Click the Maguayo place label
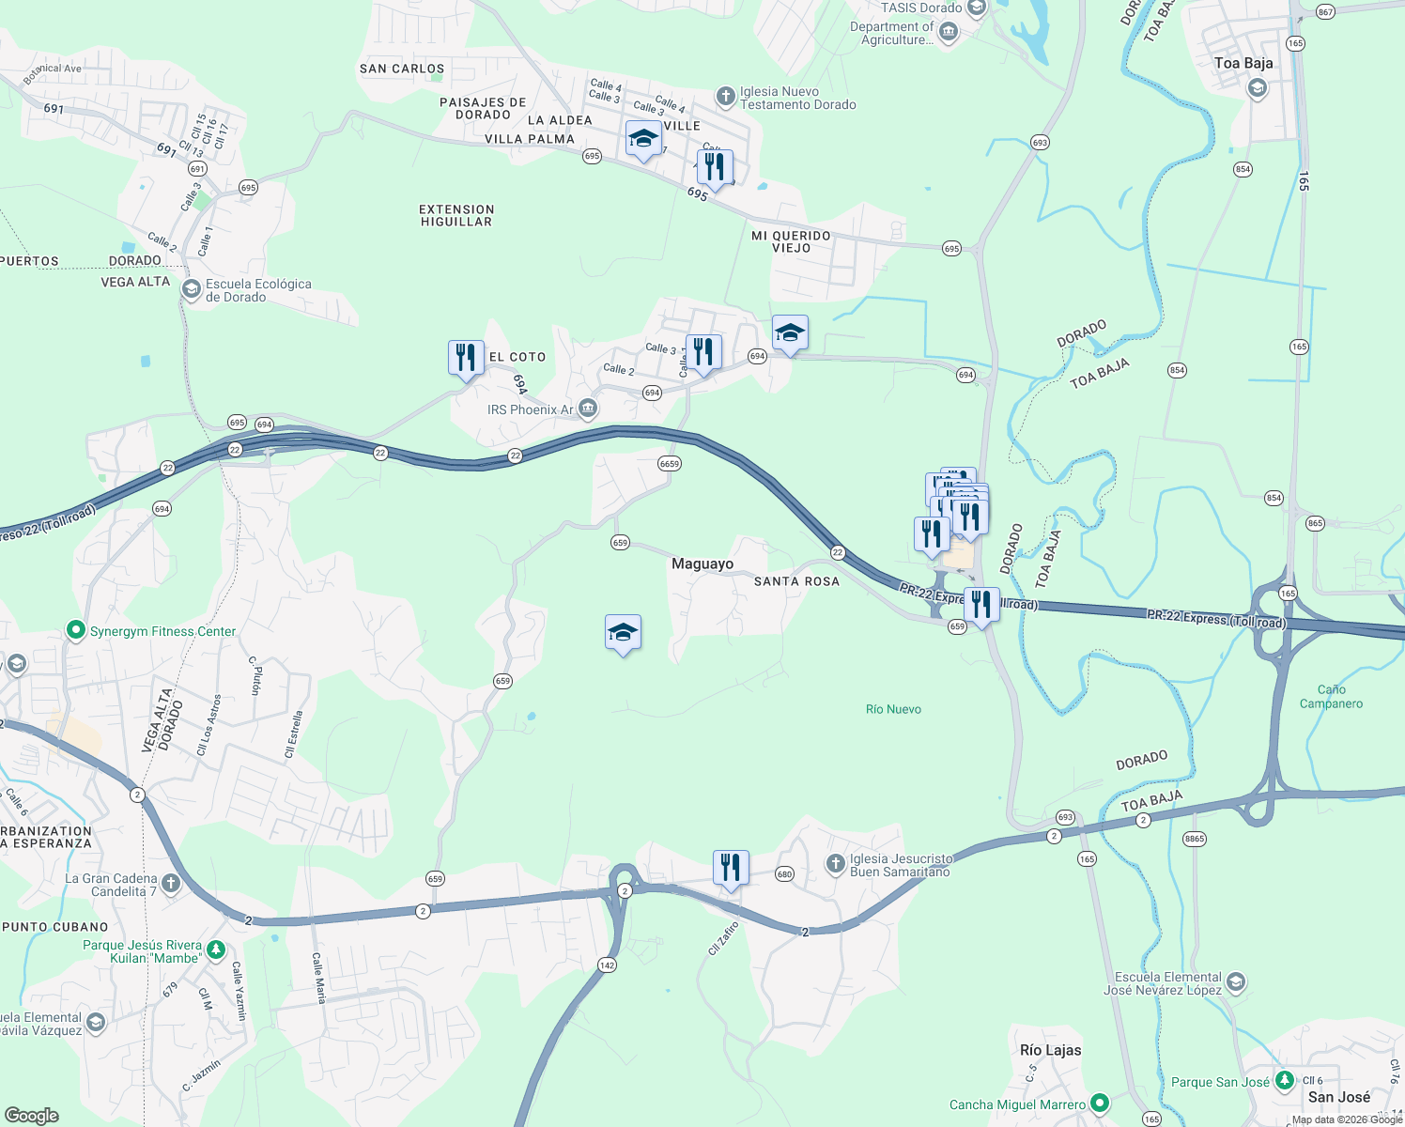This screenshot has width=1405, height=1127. pos(702,563)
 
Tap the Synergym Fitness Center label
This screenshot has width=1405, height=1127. pos(162,631)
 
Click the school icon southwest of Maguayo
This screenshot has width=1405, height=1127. pos(623,634)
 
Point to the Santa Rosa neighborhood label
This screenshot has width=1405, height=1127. pos(796,581)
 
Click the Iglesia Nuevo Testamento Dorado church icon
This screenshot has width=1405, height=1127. pos(725,97)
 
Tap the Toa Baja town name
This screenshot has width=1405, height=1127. pos(1243,63)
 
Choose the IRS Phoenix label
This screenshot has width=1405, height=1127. pos(530,409)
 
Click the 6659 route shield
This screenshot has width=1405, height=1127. pos(670,464)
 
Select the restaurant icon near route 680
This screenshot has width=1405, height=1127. pos(731,868)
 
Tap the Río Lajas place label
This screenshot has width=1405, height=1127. pos(1050,1050)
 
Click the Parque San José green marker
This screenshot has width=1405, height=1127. pos(1284,1081)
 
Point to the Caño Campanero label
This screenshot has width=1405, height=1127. pos(1331,696)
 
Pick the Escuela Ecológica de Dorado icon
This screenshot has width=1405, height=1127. pos(191,289)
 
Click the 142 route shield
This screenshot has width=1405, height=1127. pos(607,965)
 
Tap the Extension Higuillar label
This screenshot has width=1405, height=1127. pos(456,215)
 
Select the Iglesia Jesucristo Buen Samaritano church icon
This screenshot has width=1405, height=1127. pos(836,864)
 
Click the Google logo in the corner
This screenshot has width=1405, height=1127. pos(32,1116)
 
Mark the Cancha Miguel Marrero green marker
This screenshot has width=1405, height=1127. pos(1100,1104)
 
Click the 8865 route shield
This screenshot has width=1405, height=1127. pos(1194,839)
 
